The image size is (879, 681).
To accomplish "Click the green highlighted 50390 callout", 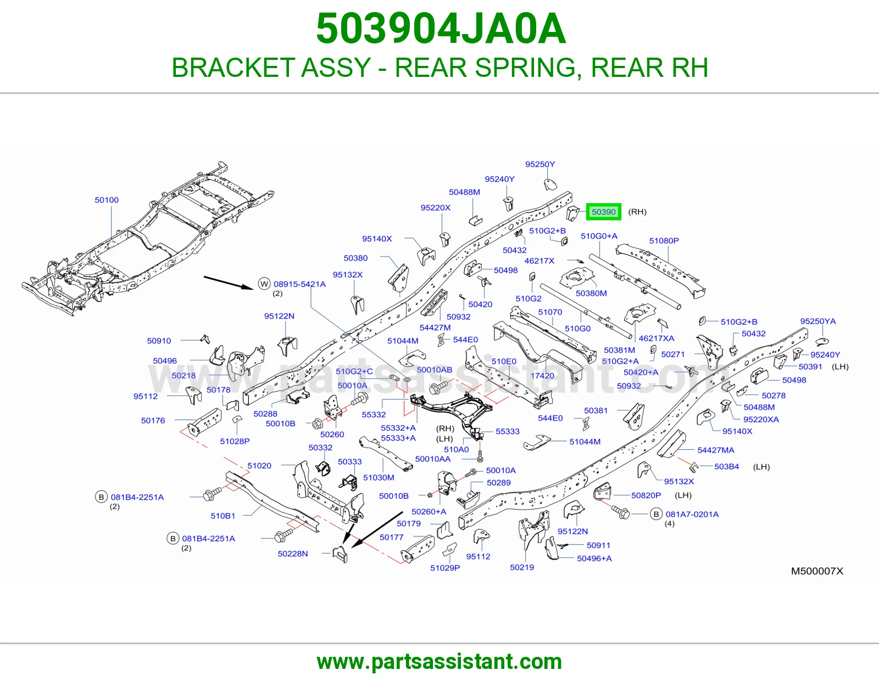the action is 604,212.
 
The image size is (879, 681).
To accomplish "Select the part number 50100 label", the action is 107,200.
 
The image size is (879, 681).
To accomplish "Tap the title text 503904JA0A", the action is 441,29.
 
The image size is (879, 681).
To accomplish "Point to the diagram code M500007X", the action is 817,571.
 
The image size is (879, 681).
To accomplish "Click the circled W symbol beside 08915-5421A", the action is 264,284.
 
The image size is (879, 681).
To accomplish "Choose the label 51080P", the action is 664,241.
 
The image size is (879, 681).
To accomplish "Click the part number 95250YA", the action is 818,321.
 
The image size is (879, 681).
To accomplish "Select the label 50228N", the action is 292,554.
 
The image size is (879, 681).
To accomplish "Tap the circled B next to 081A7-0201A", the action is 656,514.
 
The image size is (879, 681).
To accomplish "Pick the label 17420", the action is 542,375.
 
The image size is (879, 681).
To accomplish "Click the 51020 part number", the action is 259,466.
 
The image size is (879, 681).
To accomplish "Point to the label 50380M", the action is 591,293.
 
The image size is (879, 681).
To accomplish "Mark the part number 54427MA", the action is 716,450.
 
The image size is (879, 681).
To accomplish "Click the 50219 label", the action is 522,567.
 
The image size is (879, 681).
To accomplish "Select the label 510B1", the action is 223,516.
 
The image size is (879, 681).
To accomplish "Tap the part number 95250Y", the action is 540,164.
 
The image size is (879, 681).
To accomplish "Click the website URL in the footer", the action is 439,662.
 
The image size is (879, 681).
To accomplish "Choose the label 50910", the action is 159,340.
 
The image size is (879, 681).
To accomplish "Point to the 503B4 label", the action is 726,466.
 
